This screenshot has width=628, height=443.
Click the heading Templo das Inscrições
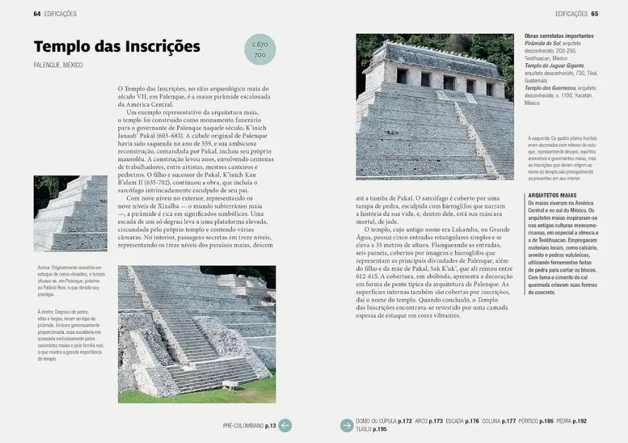point(117,46)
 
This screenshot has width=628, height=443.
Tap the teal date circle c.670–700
point(260,49)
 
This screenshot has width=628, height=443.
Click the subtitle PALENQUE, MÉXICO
point(58,65)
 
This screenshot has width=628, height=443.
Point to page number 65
point(594,13)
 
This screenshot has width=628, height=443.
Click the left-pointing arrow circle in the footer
point(284,425)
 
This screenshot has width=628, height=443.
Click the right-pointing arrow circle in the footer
point(346,425)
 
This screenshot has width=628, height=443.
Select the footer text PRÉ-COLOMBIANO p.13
point(249,425)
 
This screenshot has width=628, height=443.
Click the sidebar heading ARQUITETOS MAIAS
point(552,195)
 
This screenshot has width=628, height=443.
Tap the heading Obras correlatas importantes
point(559,36)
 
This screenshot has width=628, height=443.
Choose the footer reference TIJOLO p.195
point(372,429)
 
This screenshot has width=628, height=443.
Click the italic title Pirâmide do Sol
point(542,43)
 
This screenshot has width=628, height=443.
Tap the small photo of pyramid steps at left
point(70,213)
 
